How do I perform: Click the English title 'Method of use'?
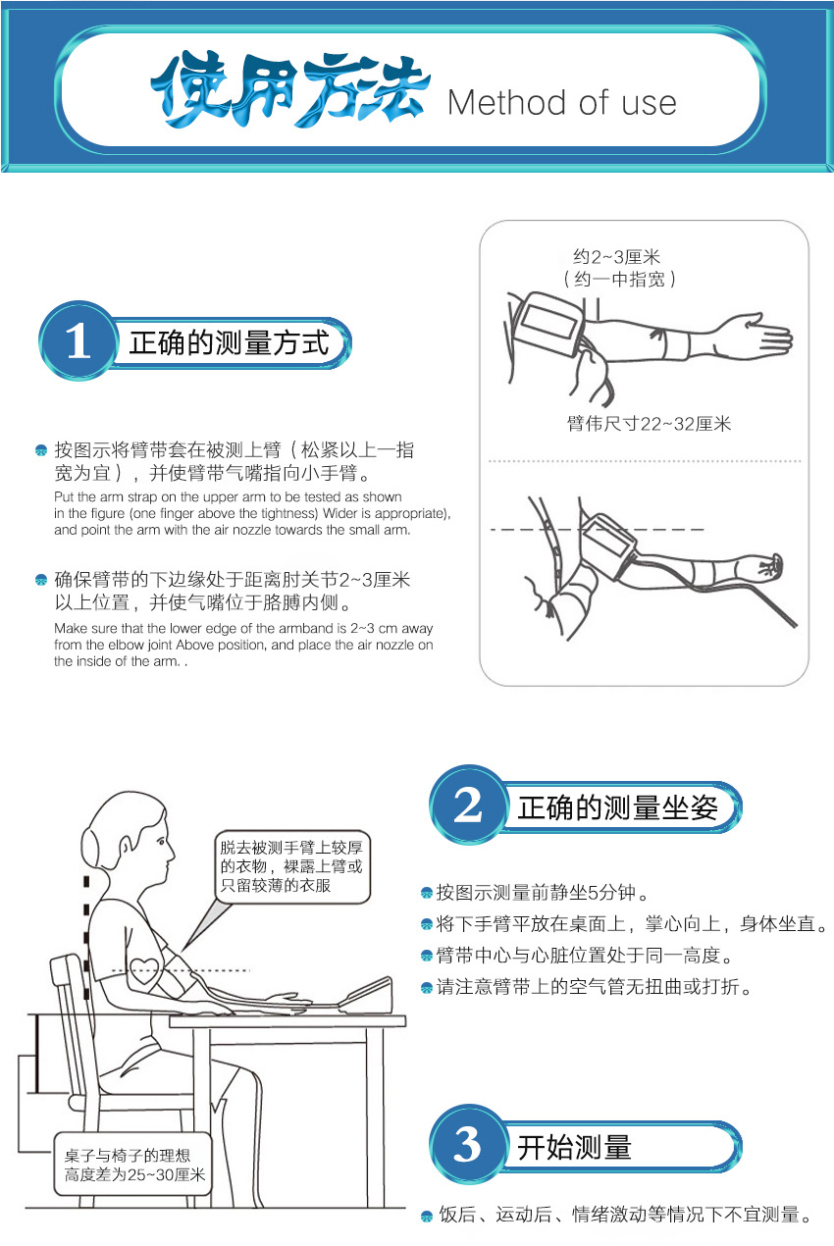[x=561, y=103]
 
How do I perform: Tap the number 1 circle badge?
[x=78, y=342]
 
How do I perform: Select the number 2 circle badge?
[x=468, y=806]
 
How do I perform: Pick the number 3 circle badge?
[x=468, y=1145]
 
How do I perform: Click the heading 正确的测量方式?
[x=229, y=343]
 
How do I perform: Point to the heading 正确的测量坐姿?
[x=618, y=807]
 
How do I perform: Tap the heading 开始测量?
[x=574, y=1147]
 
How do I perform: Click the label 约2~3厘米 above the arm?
[x=617, y=257]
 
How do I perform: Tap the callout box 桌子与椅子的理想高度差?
[x=134, y=1165]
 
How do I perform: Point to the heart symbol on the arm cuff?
[x=144, y=973]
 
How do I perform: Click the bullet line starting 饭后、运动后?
[x=625, y=1216]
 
